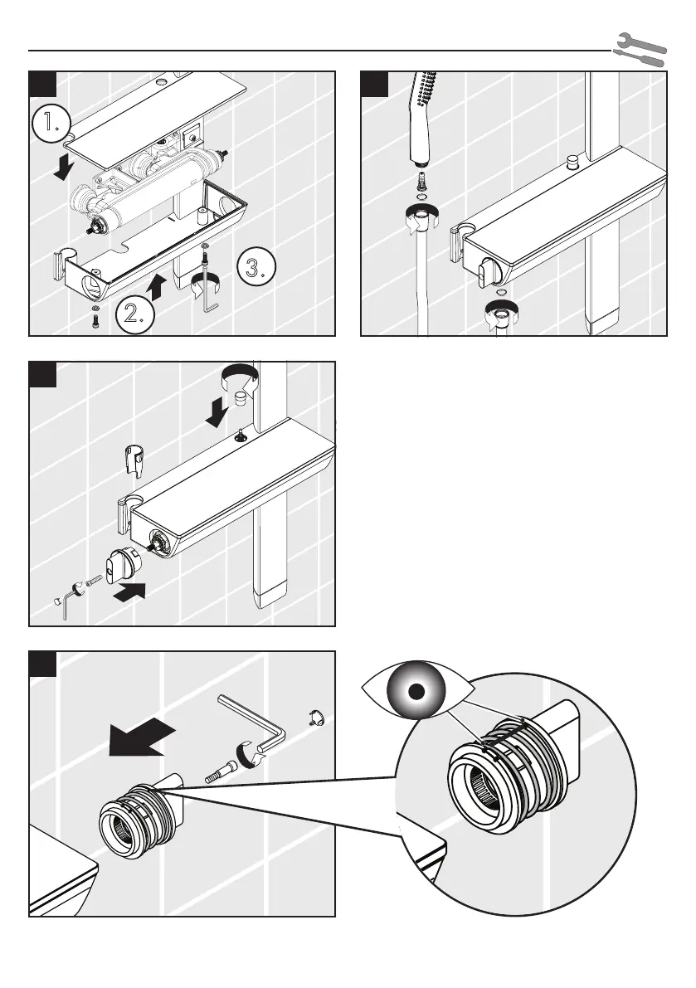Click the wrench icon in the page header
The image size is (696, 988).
640,49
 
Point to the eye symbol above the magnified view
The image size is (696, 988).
419,689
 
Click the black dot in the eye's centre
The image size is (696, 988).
419,690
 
